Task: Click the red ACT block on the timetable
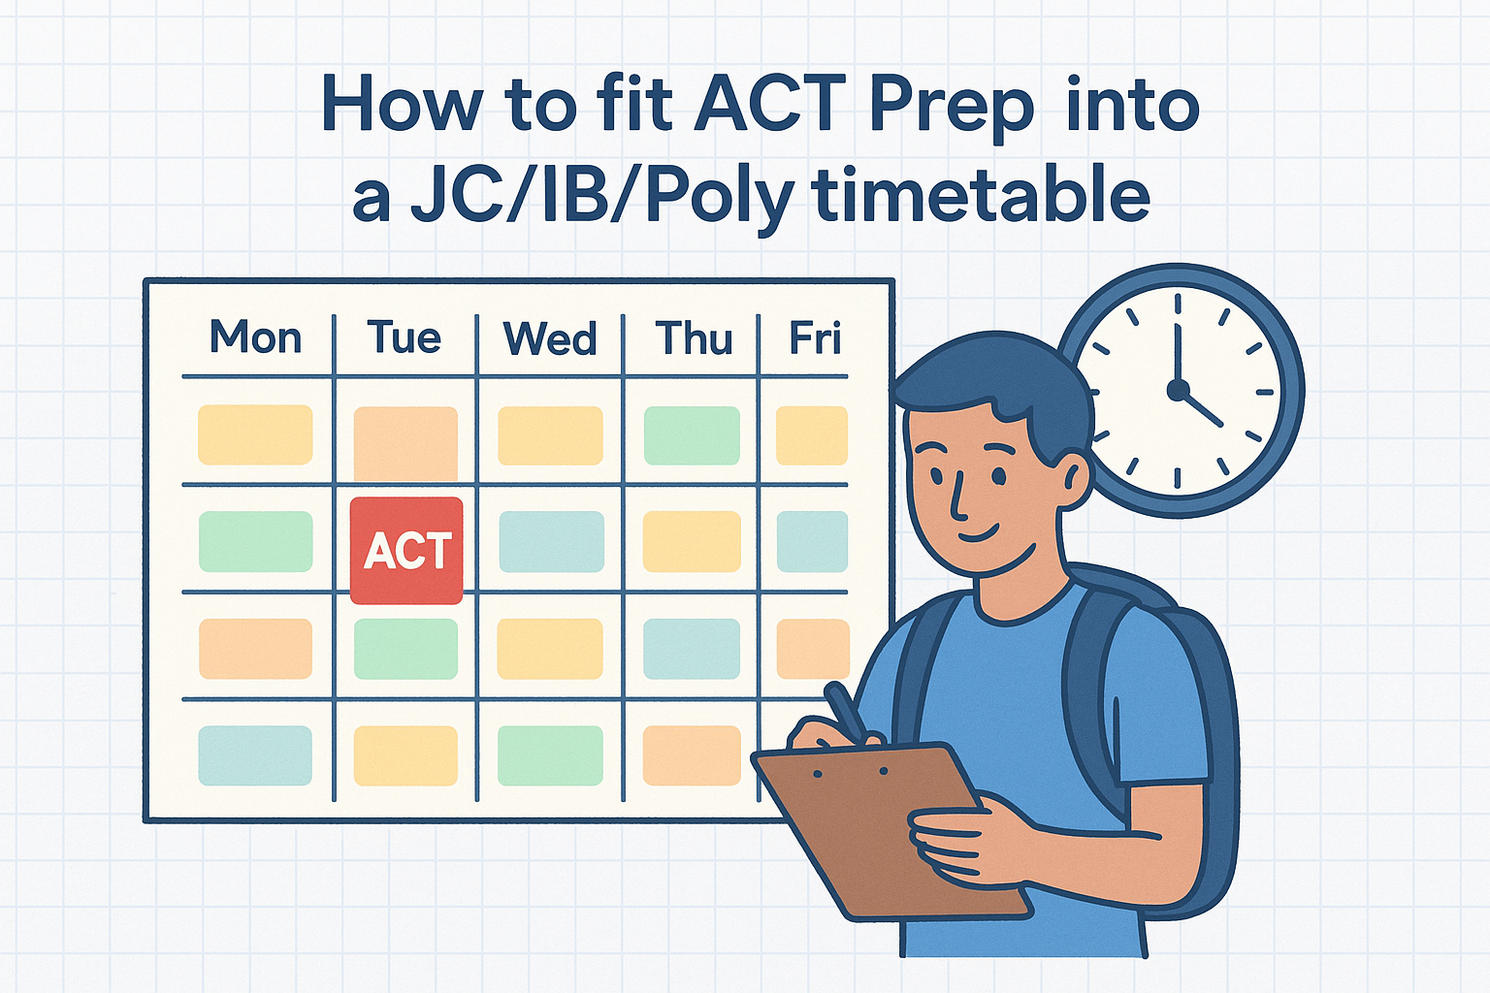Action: (x=406, y=551)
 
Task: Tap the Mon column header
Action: (x=256, y=337)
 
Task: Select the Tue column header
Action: (x=405, y=337)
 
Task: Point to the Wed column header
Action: (x=550, y=337)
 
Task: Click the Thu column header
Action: (x=694, y=337)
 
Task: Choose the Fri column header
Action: (x=816, y=337)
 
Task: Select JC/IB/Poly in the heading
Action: (x=602, y=200)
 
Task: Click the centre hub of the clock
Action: (x=1178, y=391)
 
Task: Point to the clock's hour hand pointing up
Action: (x=1178, y=356)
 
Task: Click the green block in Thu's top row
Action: (x=692, y=435)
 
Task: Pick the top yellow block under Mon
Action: (x=255, y=434)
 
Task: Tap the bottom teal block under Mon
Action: (x=255, y=755)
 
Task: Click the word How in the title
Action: (x=401, y=105)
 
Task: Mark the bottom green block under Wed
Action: (x=550, y=755)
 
